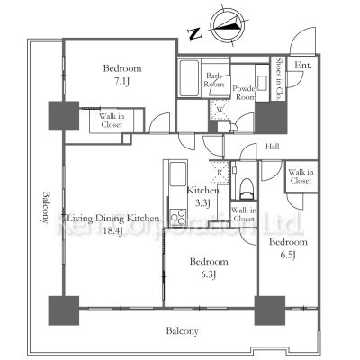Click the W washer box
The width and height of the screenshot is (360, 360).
[218, 111]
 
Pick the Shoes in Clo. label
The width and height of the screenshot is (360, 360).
[280, 76]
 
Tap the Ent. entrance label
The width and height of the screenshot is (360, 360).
[303, 66]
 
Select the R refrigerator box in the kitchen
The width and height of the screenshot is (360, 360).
[220, 170]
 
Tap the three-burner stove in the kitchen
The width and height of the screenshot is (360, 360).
[177, 216]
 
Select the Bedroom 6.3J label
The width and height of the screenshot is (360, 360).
[208, 266]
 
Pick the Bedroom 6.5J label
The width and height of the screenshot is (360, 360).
[288, 249]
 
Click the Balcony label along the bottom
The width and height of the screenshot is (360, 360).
[181, 331]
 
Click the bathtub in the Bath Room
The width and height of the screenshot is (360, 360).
[189, 83]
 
